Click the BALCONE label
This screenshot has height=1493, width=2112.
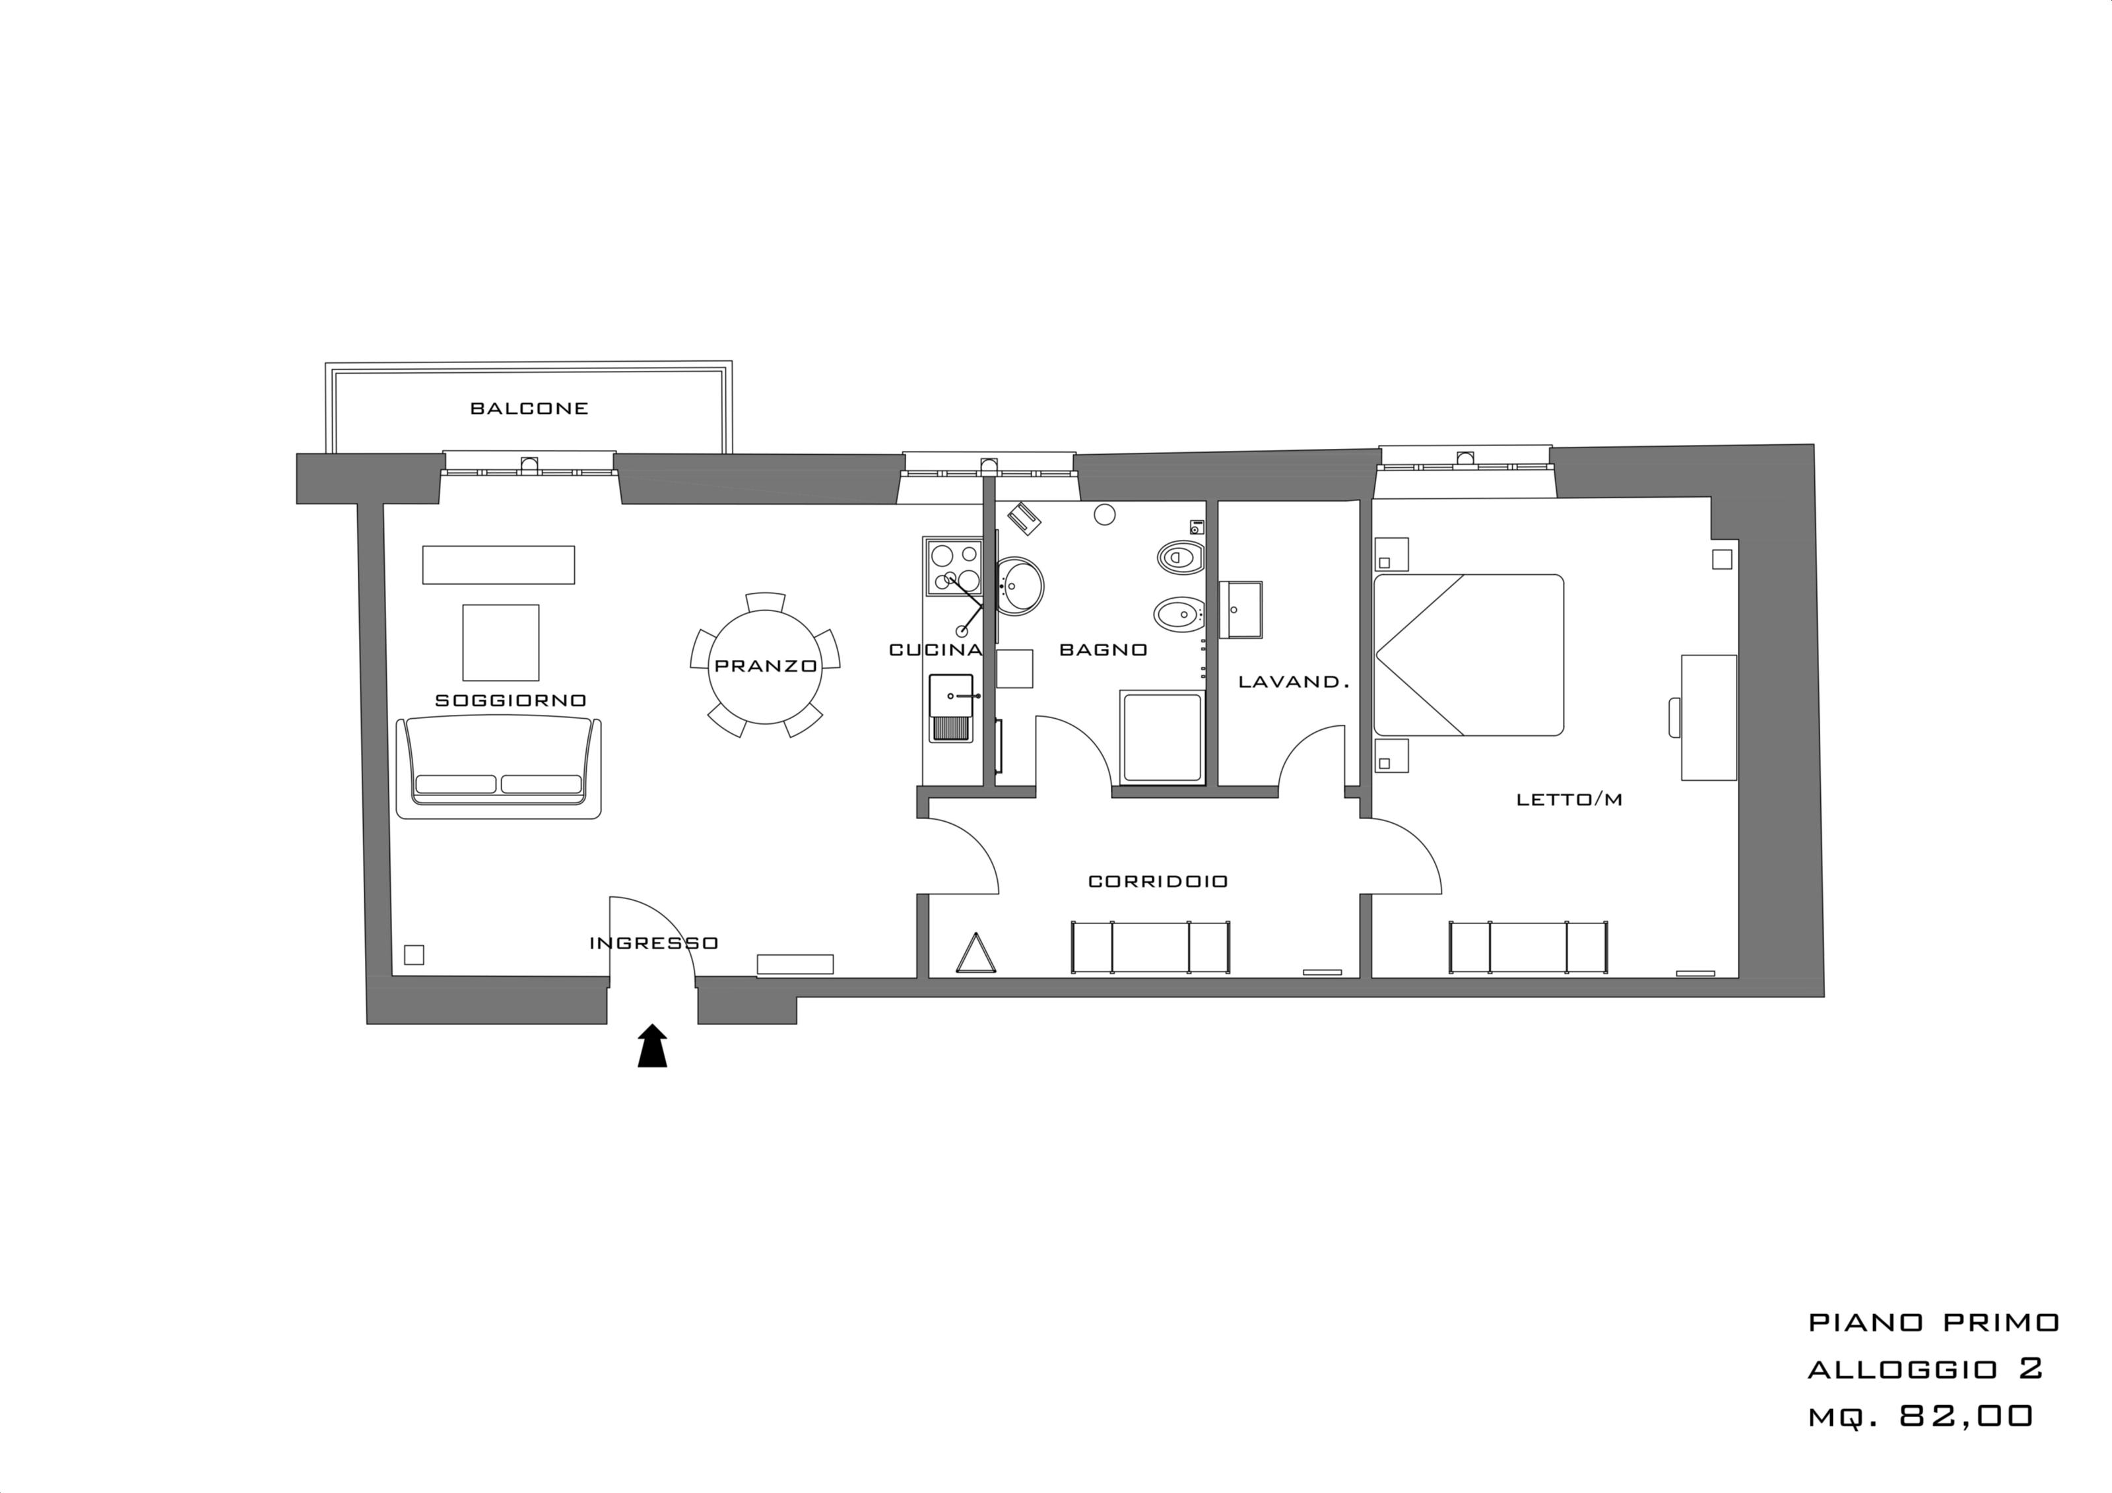(529, 409)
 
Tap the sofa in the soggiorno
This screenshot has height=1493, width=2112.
(498, 768)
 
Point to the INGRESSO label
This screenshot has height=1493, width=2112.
(654, 943)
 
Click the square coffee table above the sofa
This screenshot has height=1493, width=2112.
(500, 642)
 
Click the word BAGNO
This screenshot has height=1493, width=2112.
(1104, 650)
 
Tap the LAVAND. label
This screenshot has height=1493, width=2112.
(1294, 682)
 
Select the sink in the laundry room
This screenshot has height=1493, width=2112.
(1241, 609)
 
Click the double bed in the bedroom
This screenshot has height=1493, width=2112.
(1468, 655)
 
